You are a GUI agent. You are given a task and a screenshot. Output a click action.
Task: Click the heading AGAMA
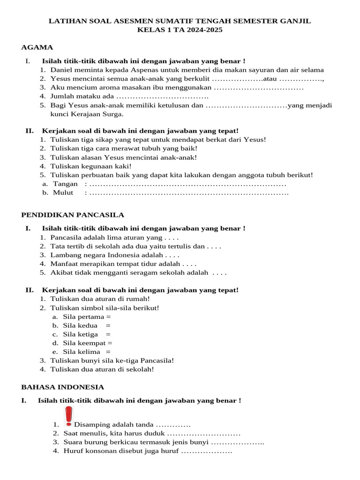click(x=37, y=47)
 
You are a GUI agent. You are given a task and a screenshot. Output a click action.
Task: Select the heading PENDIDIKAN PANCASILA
click(x=73, y=215)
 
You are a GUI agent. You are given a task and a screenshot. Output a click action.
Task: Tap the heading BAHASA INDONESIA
click(x=63, y=387)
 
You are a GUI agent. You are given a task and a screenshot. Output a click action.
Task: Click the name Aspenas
click(x=144, y=70)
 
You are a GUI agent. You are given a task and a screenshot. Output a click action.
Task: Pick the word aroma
click(x=102, y=88)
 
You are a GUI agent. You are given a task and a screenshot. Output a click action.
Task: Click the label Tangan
click(x=65, y=184)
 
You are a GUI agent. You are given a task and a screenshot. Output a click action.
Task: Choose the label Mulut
click(x=63, y=193)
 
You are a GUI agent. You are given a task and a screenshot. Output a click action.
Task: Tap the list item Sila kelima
click(x=82, y=352)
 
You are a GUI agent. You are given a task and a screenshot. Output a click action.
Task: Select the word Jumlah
click(x=62, y=96)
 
